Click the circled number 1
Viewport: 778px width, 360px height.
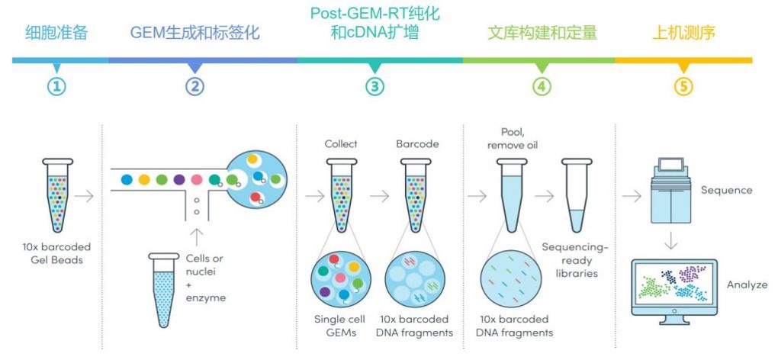coord(56,87)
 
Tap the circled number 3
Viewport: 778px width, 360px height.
coord(375,87)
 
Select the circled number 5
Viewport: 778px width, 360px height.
coord(683,87)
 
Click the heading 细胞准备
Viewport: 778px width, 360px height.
coord(56,34)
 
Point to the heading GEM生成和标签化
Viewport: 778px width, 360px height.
coord(194,34)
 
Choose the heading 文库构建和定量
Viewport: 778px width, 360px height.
coord(542,34)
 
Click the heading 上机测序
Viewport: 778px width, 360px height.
coord(683,34)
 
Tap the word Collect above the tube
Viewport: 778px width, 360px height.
coord(341,144)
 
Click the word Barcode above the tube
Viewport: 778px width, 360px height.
coord(417,144)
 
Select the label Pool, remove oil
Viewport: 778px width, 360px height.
coord(512,140)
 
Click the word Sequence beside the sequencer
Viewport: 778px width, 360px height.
coord(726,191)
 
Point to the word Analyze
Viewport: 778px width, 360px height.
coord(747,284)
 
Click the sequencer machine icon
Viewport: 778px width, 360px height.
coord(670,191)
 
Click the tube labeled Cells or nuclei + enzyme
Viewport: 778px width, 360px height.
coord(164,290)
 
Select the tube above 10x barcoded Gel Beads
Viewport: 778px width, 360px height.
coord(57,195)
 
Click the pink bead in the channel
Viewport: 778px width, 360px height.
coord(197,179)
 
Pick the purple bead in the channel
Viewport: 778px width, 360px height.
coord(179,179)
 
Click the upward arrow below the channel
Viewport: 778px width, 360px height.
coord(197,237)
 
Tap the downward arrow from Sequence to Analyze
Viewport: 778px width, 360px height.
coord(670,242)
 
